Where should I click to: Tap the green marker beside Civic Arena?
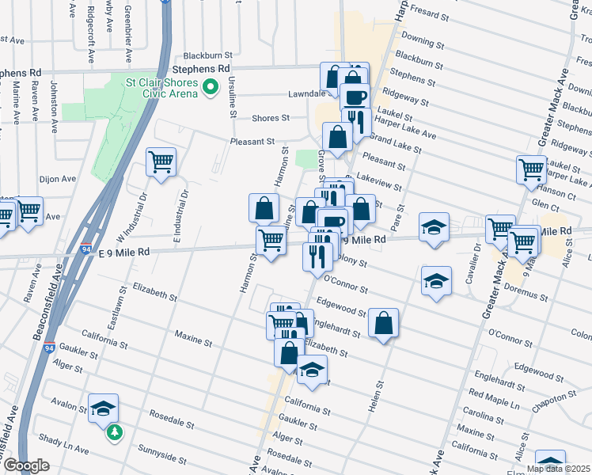[x=211, y=89]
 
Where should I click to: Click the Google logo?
[x=26, y=465]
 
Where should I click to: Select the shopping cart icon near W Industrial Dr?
[x=161, y=162]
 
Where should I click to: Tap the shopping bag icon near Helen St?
[x=383, y=323]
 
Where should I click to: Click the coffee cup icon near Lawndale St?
[x=355, y=97]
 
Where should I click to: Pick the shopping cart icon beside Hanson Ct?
[x=531, y=169]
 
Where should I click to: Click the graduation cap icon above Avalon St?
[x=103, y=408]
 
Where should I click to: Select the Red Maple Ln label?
[x=493, y=393]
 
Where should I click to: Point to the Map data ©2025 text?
[x=558, y=469]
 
